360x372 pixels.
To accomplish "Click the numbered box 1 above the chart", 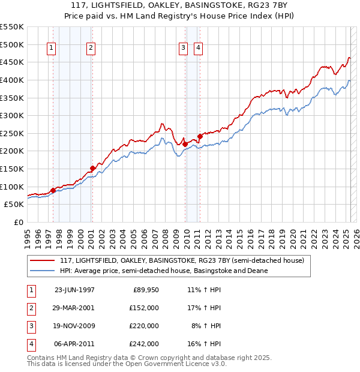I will point(51,49).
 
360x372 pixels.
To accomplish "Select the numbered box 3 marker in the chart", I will point(182,49).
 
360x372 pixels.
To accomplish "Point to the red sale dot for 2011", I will point(200,136).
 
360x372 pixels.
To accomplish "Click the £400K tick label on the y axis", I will point(12,80).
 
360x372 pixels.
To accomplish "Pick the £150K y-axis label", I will point(12,169).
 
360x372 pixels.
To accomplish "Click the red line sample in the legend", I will point(41,260).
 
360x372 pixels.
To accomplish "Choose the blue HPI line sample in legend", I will point(41,271).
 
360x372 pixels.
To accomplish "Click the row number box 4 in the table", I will point(30,344).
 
